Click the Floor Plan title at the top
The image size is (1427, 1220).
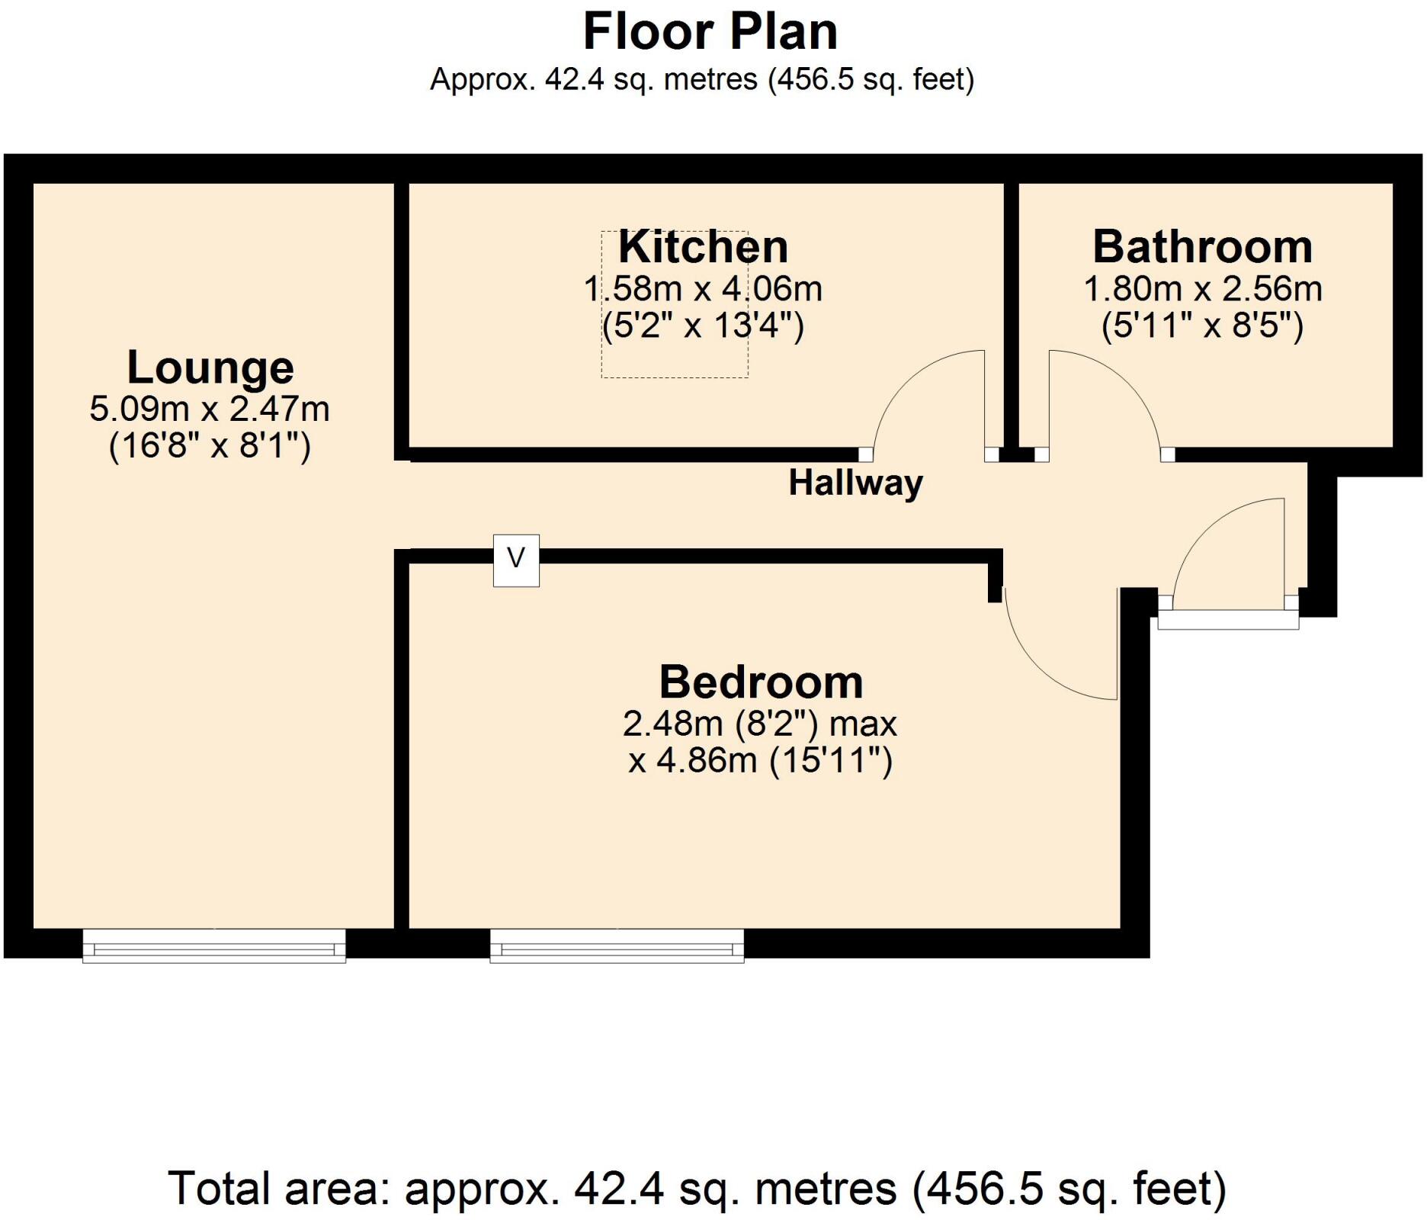[x=710, y=32]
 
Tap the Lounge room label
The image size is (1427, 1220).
[x=210, y=368]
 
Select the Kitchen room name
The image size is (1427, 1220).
[x=702, y=247]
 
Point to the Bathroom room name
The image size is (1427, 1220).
[x=1202, y=247]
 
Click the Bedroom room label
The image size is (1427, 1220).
[x=760, y=682]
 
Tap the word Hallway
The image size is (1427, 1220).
[x=855, y=483]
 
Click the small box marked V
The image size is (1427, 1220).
[x=516, y=560]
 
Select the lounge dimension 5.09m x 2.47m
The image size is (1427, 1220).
[x=210, y=409]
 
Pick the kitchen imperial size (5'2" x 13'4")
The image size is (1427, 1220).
[x=702, y=326]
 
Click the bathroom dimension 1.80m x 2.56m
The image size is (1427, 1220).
[x=1202, y=289]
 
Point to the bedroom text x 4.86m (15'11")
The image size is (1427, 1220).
[x=760, y=761]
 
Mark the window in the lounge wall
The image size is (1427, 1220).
[x=214, y=945]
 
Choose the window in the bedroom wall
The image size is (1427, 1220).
[x=617, y=945]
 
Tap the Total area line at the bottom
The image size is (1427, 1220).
[x=697, y=1188]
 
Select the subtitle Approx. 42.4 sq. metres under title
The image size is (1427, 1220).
[x=702, y=79]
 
